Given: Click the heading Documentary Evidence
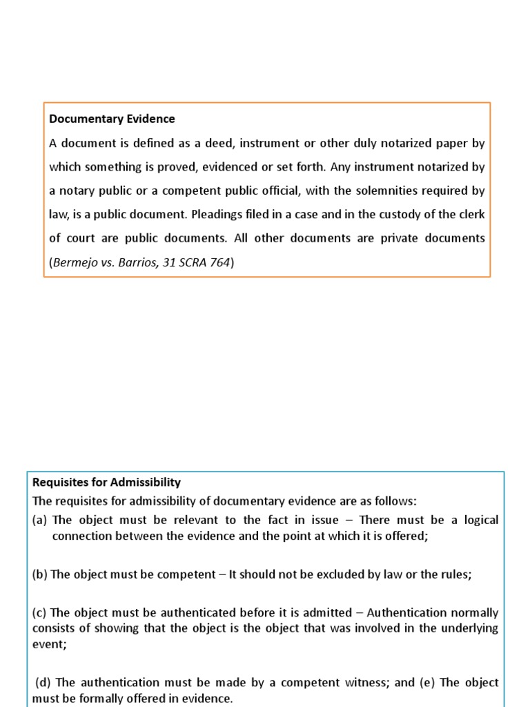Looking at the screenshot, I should pos(112,119).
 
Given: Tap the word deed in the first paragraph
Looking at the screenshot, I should pos(199,143).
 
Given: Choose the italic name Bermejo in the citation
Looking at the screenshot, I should pos(74,262).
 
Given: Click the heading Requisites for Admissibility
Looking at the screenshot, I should pos(106,482).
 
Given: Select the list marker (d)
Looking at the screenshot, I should pos(43,682).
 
